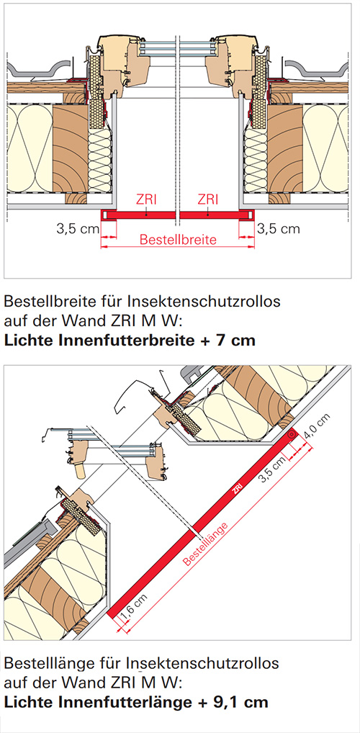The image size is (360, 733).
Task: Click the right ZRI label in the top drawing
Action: pos(207,200)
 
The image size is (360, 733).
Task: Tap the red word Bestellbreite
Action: pos(179,240)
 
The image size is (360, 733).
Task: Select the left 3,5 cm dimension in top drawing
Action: pos(77,229)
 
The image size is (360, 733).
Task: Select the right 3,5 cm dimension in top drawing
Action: pos(278,229)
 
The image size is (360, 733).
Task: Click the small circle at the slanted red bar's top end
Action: pos(292,434)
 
